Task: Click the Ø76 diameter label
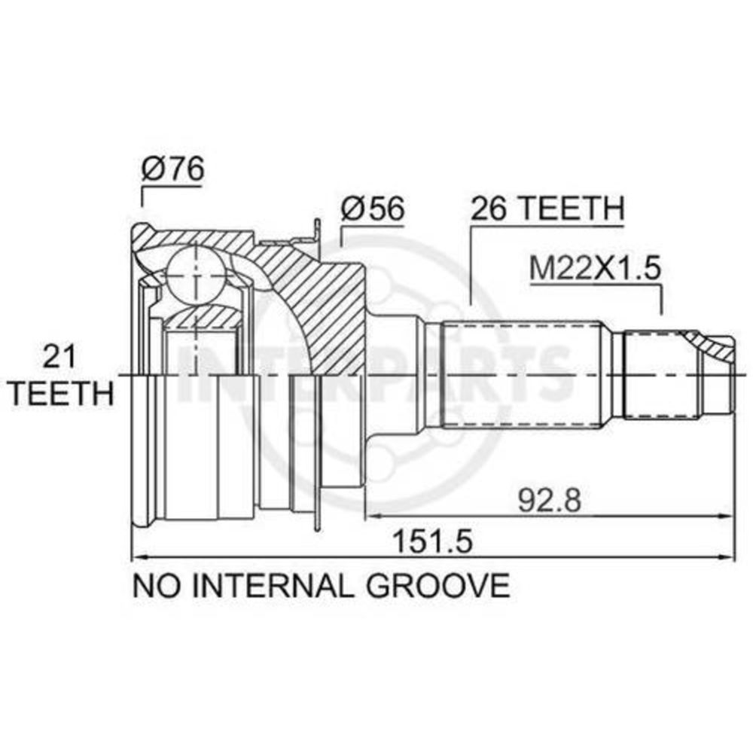[173, 168]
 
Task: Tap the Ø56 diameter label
[373, 208]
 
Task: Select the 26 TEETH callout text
[547, 208]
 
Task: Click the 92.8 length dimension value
[550, 500]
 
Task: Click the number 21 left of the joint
[59, 358]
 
